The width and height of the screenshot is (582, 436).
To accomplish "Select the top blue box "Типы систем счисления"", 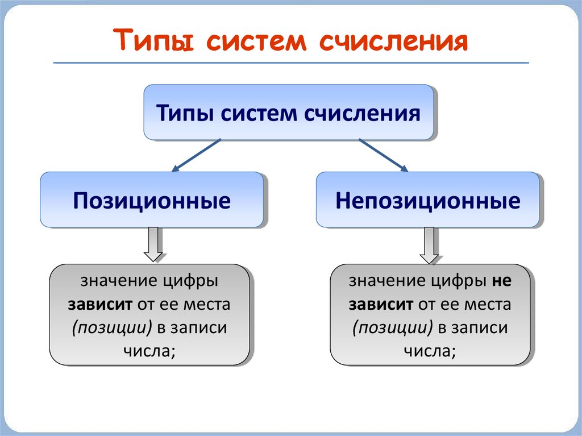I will tap(288, 112).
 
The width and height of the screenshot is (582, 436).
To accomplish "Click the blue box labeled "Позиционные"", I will tap(151, 200).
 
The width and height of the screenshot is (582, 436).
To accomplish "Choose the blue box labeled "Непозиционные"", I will tap(427, 200).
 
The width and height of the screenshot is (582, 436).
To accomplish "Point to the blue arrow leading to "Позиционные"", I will tap(196, 155).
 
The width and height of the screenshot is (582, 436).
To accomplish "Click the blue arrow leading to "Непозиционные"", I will tap(383, 155).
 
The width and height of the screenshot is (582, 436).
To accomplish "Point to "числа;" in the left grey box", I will tap(149, 351).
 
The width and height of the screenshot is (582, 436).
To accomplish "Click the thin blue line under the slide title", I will tap(290, 63).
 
